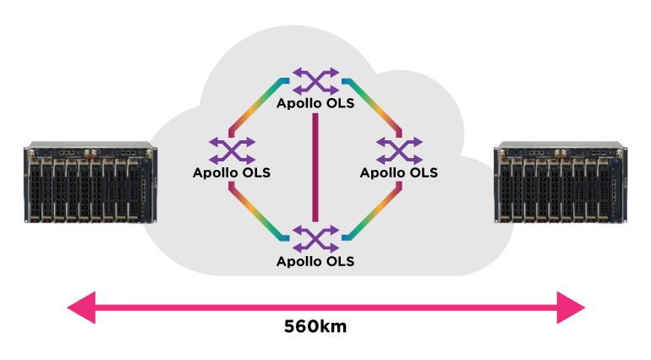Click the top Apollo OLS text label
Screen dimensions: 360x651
tap(315, 105)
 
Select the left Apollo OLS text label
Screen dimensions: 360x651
tap(232, 172)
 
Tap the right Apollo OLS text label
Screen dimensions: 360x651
tap(399, 172)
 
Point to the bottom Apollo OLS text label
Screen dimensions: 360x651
tap(315, 261)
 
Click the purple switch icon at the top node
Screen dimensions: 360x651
tap(315, 81)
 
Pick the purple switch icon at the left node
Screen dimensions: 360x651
tap(232, 150)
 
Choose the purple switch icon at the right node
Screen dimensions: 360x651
tap(399, 150)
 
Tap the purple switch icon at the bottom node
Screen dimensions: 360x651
tap(315, 238)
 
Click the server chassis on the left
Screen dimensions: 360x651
tap(90, 183)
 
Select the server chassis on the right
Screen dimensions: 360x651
tap(561, 183)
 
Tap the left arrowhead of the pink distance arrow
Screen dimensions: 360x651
tap(81, 307)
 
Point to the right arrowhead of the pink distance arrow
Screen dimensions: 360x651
tap(572, 307)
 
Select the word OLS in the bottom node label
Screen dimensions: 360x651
tap(340, 261)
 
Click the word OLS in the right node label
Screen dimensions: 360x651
tap(424, 172)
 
